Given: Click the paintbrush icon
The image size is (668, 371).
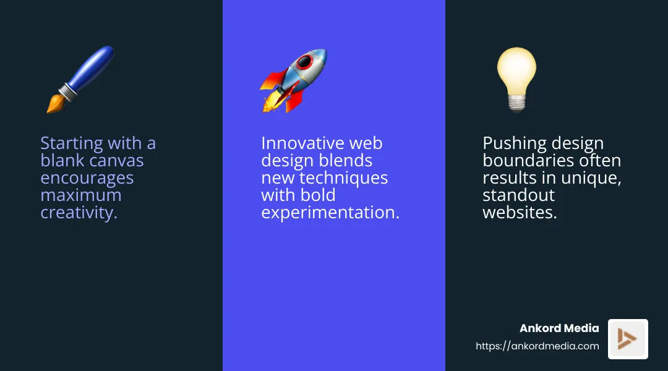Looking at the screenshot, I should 80,79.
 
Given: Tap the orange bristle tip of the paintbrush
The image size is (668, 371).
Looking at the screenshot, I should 55,105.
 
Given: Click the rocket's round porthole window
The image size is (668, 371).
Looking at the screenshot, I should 305,62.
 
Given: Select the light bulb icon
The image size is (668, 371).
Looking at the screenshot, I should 516,79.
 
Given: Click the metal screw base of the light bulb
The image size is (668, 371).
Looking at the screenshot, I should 516,103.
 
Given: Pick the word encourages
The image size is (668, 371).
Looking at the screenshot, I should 87,178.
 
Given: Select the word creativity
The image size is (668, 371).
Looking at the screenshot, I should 79,213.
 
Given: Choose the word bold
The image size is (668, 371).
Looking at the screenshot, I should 320,195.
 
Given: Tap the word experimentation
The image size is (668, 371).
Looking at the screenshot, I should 330,213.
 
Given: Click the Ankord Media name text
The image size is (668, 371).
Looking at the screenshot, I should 559,328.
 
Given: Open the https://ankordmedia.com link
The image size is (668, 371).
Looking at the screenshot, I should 537,346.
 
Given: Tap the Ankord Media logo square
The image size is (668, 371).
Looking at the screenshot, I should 628,339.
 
